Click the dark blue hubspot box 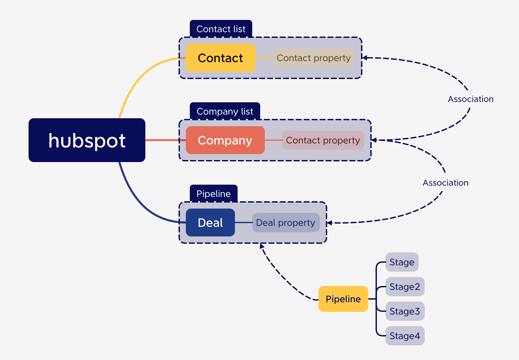87,140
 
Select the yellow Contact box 220,58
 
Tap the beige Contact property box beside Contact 314,58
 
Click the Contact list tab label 221,29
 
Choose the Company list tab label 225,111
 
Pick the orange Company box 225,140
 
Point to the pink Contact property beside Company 323,140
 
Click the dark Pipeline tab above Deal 213,194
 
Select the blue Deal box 210,223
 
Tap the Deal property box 286,223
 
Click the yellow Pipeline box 343,299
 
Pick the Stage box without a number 402,262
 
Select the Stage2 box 405,287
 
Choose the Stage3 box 405,311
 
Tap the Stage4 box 405,336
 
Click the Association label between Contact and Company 471,99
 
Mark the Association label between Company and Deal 445,183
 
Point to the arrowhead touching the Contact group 364,57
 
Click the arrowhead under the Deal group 262,246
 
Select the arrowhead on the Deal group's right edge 329,223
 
